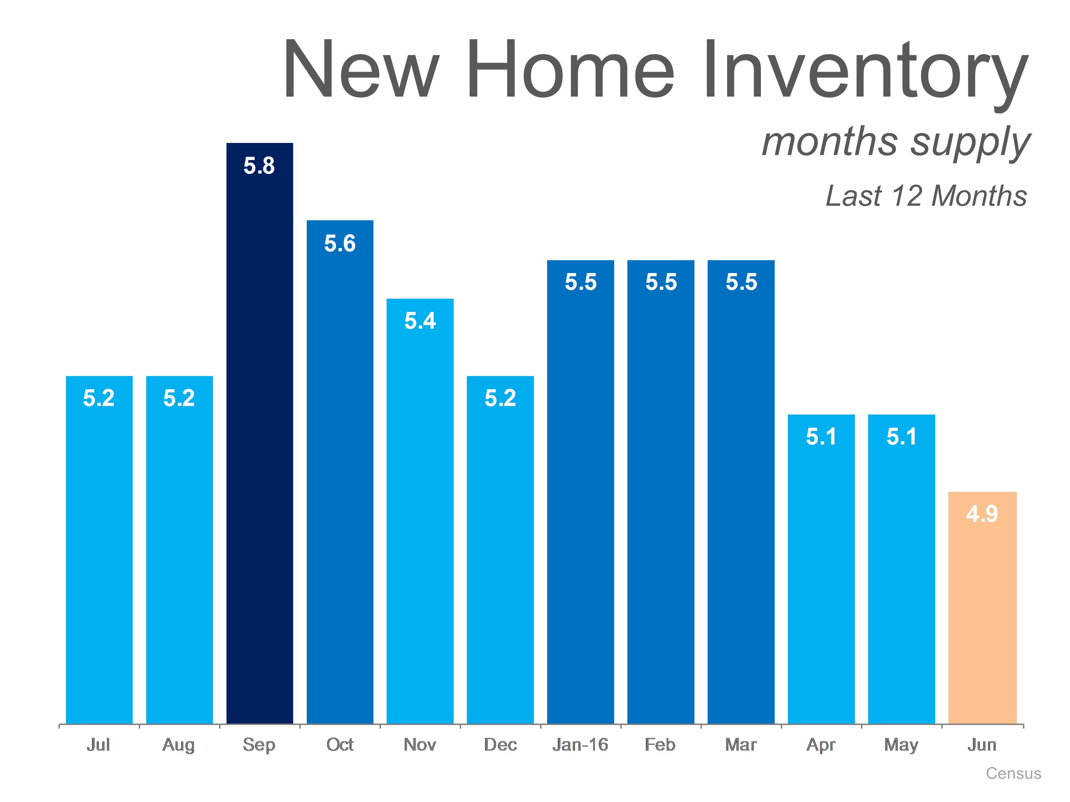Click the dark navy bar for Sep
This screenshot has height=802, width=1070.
point(260,433)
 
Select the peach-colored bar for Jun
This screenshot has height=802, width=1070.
point(983,608)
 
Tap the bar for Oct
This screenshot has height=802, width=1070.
point(340,472)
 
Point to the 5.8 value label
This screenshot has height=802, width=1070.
point(259,166)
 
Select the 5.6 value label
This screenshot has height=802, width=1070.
point(340,243)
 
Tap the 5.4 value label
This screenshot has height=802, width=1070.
point(420,320)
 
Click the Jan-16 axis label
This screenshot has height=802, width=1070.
point(580,745)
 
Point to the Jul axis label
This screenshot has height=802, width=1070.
point(98,745)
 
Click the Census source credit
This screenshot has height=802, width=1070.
point(1013,773)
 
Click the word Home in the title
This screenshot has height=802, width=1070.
point(570,69)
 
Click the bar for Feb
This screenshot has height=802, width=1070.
point(661,492)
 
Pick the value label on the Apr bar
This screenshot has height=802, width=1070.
point(821,437)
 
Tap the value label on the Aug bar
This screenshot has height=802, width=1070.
point(179,398)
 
